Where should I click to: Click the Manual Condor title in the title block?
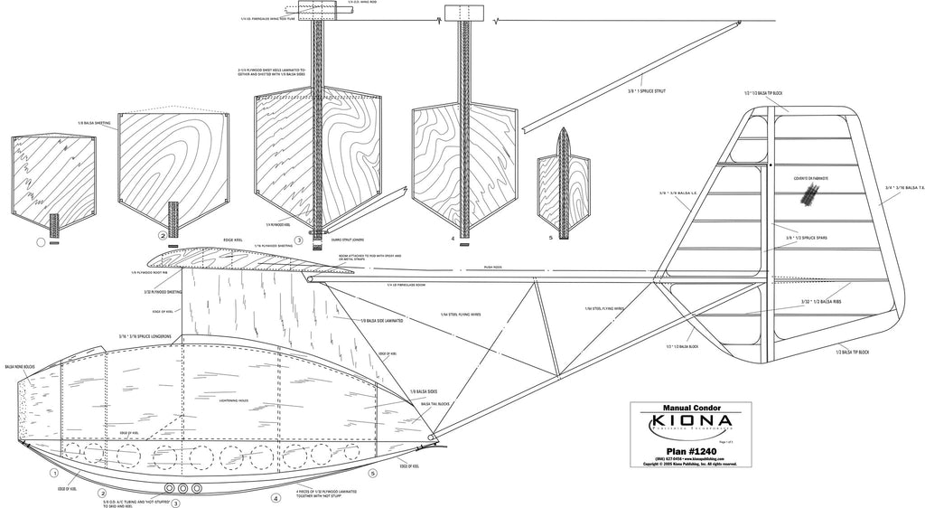690,407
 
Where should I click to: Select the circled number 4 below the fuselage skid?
275,497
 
